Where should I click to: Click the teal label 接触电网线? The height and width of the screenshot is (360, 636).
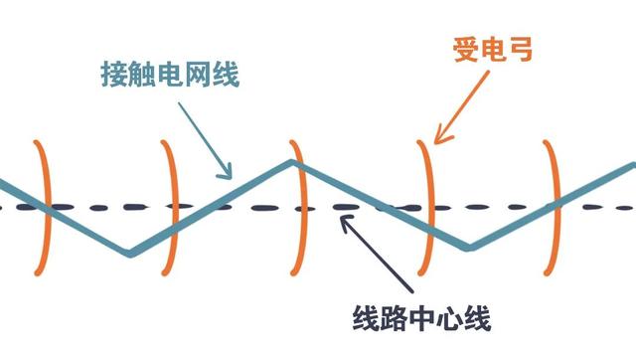[169, 75]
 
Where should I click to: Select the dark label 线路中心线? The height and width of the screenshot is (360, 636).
[421, 318]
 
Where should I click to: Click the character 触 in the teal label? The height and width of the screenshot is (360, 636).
[143, 75]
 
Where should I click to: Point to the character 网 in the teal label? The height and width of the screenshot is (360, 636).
[199, 75]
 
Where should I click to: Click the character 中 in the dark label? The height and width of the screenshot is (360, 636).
[421, 318]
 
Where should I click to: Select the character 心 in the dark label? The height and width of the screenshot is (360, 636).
[449, 318]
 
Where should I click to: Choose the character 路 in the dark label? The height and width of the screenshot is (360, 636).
[394, 318]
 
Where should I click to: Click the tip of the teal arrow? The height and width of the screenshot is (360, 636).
[232, 178]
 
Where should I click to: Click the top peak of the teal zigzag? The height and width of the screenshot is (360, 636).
[291, 161]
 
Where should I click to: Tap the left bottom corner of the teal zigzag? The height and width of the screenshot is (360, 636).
[130, 254]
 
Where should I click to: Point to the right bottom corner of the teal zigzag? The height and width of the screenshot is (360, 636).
[469, 248]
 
